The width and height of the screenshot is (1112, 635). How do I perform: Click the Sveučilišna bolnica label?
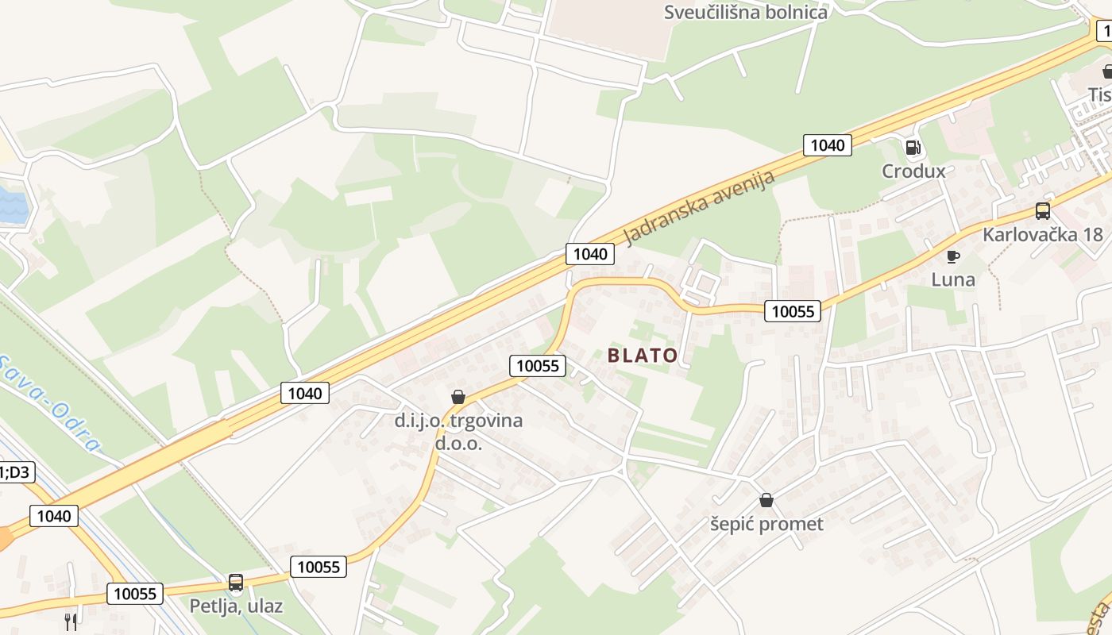click(x=746, y=12)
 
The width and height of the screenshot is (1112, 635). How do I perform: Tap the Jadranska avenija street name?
click(x=699, y=207)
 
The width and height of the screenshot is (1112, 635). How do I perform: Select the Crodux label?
click(x=913, y=171)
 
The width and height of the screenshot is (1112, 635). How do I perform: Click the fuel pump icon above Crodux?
click(x=913, y=147)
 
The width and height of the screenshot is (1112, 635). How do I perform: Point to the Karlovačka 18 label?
click(x=1042, y=235)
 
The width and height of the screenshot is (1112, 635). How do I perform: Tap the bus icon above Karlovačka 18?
click(x=1042, y=211)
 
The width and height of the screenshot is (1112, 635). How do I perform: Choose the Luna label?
click(x=953, y=279)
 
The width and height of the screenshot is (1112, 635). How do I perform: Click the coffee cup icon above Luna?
click(x=953, y=256)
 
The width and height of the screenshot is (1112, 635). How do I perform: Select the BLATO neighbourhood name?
click(x=643, y=356)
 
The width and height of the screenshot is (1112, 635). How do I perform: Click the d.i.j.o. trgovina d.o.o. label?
click(x=458, y=431)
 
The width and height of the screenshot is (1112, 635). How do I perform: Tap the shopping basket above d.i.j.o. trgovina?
click(x=458, y=397)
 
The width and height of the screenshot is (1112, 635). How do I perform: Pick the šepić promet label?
click(x=766, y=524)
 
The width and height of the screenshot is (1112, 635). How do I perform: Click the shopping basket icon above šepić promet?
click(x=766, y=500)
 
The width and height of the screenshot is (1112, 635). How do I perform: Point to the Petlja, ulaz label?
click(x=236, y=606)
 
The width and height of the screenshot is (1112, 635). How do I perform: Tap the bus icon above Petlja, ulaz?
click(x=236, y=583)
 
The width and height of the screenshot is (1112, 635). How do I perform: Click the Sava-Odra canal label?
click(x=48, y=402)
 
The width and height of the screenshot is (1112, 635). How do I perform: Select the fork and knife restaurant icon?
click(x=71, y=622)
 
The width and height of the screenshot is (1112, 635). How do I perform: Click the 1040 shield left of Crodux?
click(x=827, y=144)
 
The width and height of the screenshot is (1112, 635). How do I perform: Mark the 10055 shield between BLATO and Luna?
click(x=793, y=311)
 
